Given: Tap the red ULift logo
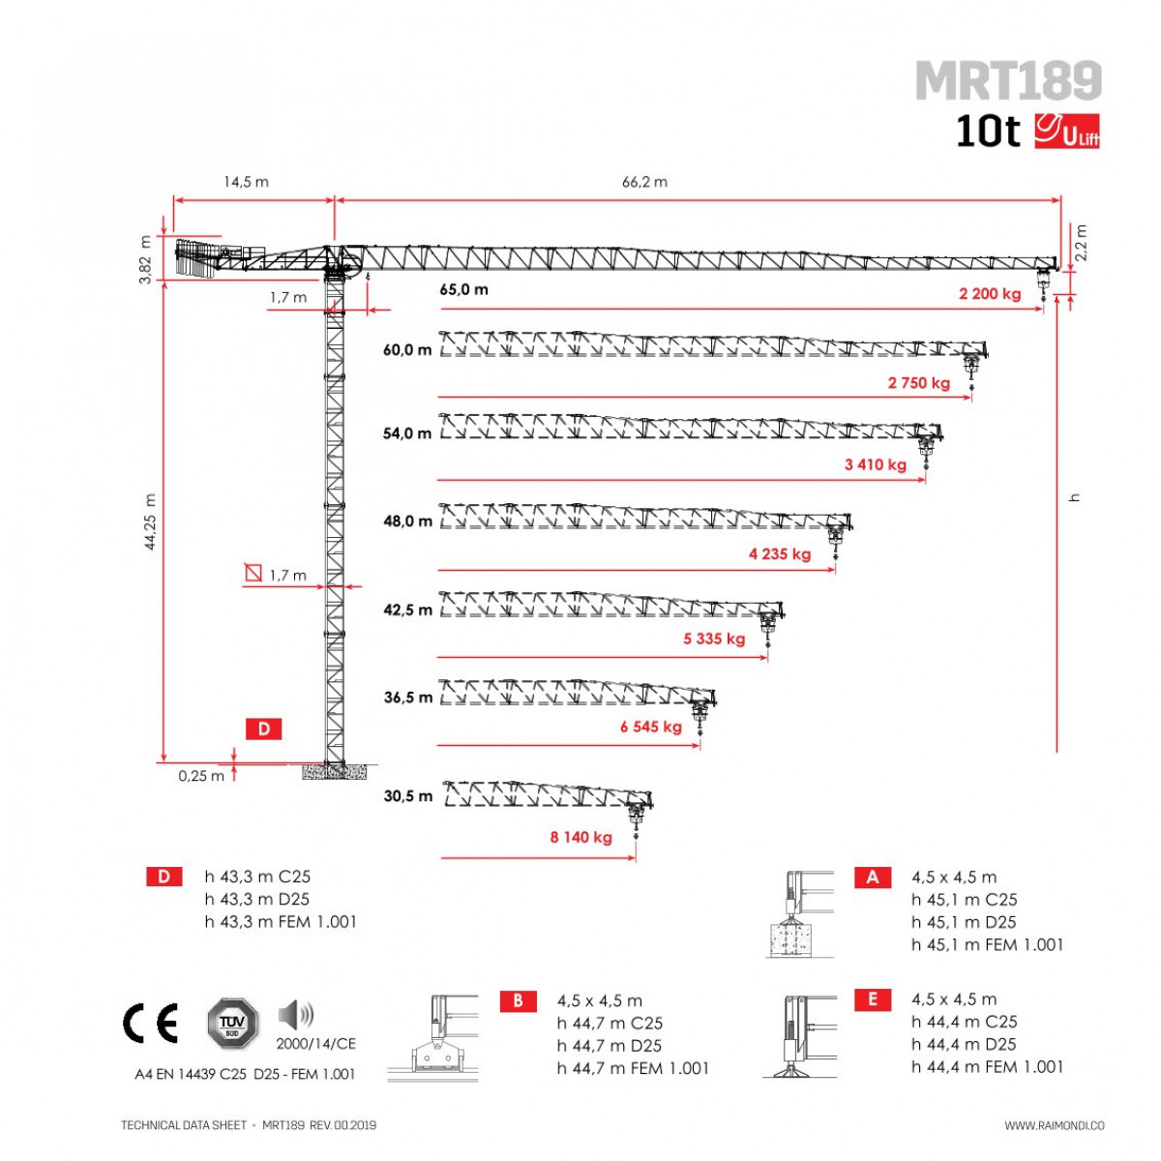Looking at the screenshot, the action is coord(1067,131).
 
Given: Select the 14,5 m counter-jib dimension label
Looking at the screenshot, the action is coord(247,181).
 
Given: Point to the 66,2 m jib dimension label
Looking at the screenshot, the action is coord(644,181).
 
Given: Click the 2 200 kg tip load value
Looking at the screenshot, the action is coord(990,293).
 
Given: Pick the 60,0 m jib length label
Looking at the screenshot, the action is coord(407,349).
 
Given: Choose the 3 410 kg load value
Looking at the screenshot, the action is coord(876,464).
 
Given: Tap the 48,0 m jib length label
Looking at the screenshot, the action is coord(407,521).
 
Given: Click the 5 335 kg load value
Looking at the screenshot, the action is coord(714,638).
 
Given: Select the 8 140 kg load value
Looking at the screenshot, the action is coord(580,837).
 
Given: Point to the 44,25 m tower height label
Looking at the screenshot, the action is coord(150,521).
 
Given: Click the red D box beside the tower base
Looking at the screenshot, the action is coord(263,729).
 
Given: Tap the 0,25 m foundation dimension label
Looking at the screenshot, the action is coord(201,776).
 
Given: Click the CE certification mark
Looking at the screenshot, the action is coord(150,1023).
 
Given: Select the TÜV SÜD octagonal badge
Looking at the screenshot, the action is coord(233,1023).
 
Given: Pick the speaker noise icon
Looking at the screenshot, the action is coord(296,1014).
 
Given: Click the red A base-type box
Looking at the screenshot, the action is coord(873,878).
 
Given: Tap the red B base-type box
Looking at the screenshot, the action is coord(519,1000).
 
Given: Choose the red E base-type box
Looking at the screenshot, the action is coord(873,999).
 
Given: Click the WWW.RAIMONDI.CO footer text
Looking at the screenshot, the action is coord(1055,1125).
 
